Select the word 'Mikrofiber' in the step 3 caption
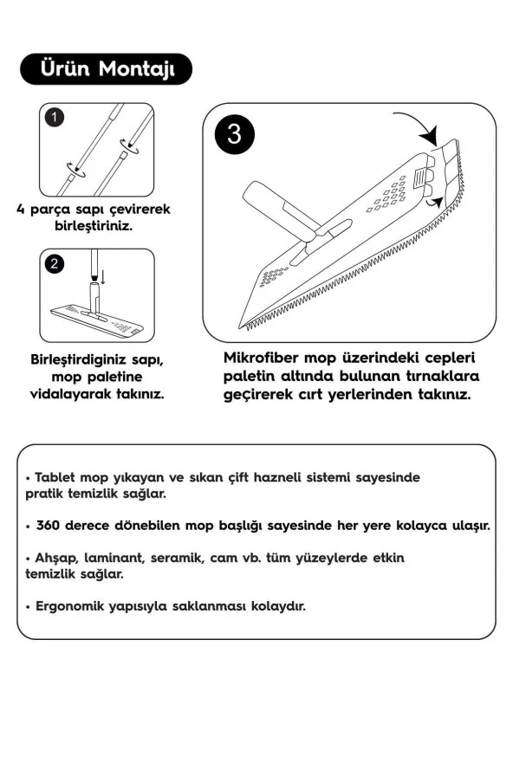point(266,359)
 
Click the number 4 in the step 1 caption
point(20,209)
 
